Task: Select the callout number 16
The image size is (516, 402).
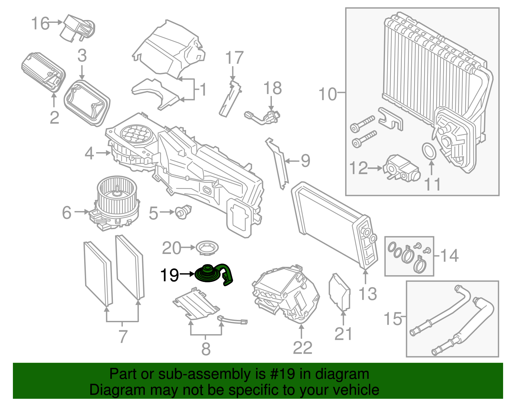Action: coord(40,23)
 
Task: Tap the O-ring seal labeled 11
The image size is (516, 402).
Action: coord(429,151)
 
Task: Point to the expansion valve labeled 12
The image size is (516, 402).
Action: coord(401,168)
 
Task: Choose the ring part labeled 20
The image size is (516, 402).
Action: coord(207,248)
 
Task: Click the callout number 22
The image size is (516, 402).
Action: coord(303,348)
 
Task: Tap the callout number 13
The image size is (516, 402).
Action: coord(368,294)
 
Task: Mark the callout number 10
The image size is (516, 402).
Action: coord(328,94)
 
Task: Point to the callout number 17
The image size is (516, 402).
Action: coord(234,58)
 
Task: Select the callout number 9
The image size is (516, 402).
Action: coord(305,161)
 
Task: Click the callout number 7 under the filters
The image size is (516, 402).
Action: coord(123,336)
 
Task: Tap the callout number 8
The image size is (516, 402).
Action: coord(206,349)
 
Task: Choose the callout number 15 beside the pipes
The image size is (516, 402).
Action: coord(393,319)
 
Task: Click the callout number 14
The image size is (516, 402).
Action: coord(449,256)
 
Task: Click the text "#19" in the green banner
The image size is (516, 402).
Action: coord(280,374)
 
